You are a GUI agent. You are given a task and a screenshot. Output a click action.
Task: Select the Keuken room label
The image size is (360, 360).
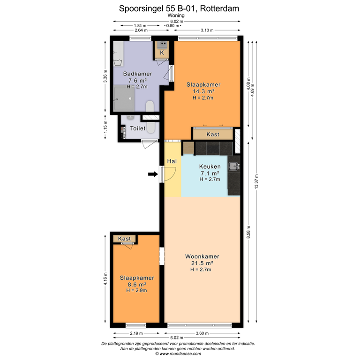210,167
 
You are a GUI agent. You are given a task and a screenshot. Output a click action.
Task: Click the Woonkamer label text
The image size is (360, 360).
202,257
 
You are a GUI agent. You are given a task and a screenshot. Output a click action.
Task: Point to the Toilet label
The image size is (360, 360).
137,128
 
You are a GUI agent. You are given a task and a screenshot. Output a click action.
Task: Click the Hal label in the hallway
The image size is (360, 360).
172,161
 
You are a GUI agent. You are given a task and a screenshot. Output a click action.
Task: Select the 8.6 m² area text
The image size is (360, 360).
136,284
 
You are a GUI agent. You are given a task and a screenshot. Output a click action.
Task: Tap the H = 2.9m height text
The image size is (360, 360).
136,291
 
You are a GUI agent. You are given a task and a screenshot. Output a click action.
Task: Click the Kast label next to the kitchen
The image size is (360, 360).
213,135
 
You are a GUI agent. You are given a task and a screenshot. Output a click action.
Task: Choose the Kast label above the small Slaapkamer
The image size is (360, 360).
124,239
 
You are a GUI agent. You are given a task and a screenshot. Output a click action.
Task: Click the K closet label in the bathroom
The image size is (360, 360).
162,53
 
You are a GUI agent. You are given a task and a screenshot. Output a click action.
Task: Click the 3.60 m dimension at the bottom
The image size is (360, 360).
202,333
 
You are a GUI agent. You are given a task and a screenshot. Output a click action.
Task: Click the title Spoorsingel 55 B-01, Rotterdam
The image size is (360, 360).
180,8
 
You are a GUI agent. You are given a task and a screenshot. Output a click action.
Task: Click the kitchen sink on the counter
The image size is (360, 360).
233,166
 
